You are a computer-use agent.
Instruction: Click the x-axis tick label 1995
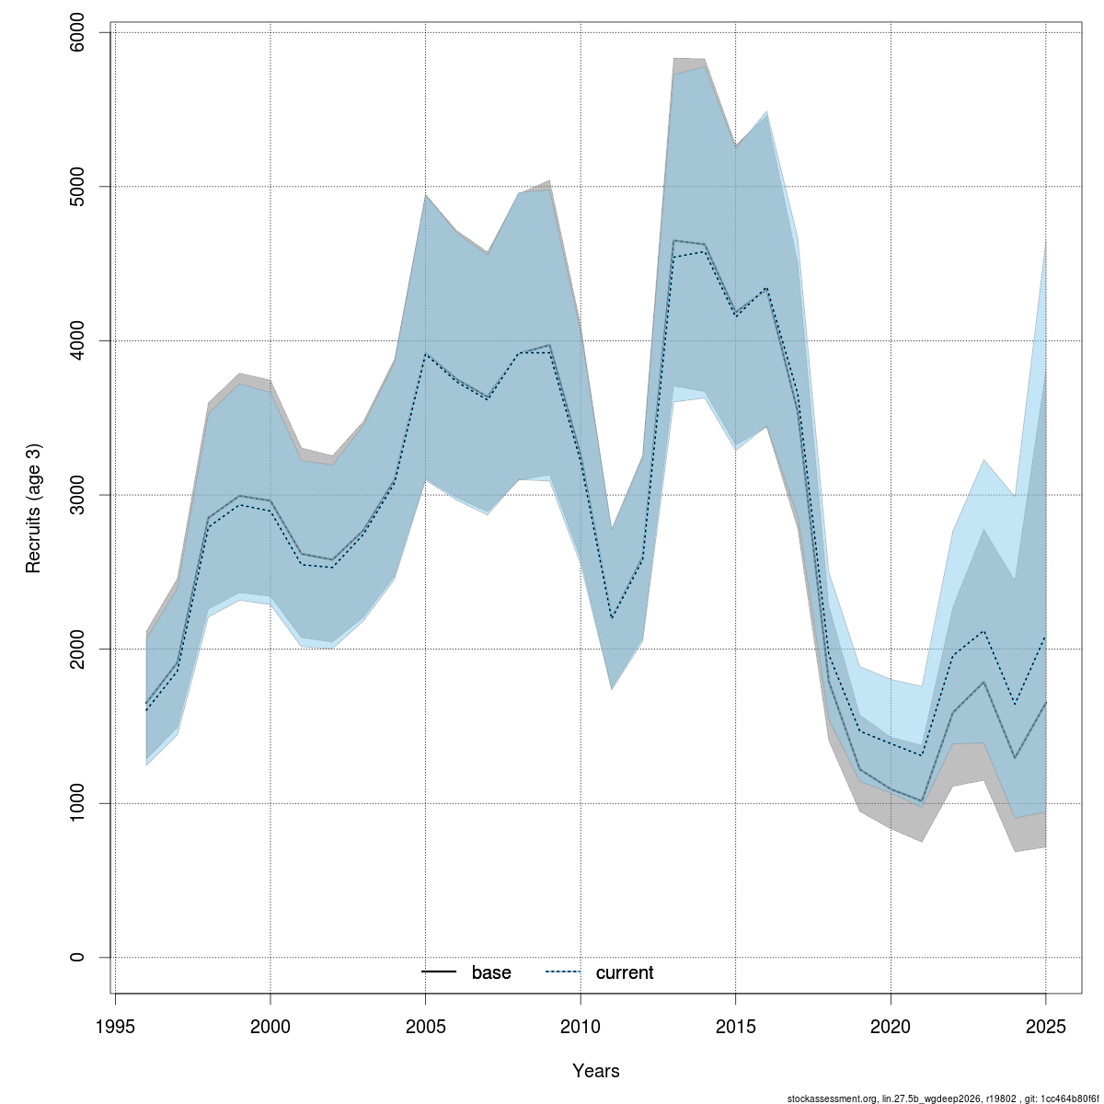tap(115, 1026)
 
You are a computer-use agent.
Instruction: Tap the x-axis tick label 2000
tap(270, 1026)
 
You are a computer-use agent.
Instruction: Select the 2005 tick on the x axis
tap(425, 1026)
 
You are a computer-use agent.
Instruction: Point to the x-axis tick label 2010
tap(581, 1026)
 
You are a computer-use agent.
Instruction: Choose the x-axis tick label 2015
tap(736, 1026)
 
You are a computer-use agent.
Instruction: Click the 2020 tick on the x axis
tap(891, 1026)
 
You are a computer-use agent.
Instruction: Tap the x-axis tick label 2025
tap(1046, 1026)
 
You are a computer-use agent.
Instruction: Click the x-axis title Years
tap(596, 1071)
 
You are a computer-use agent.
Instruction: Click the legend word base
tap(491, 972)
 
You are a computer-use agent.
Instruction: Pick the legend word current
tap(625, 972)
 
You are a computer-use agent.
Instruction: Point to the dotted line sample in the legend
tap(564, 972)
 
